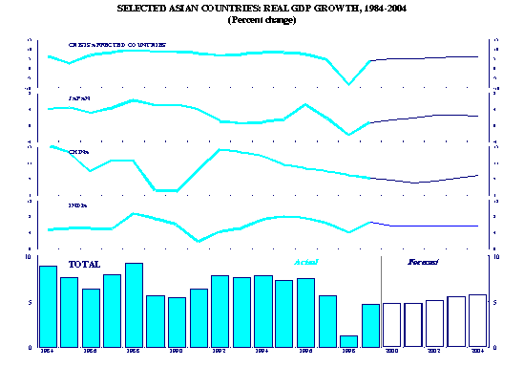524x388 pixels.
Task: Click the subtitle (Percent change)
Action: pos(262,20)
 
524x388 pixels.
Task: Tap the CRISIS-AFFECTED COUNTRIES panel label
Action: pos(116,45)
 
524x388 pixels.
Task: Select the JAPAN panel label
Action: pos(80,98)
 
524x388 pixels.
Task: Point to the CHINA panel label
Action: pos(79,151)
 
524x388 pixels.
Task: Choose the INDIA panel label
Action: pos(78,205)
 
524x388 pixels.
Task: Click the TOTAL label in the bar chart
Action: pos(85,263)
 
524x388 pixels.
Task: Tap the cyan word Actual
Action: pos(305,261)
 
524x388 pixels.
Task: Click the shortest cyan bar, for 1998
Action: pos(348,341)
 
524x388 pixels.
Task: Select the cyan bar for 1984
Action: pos(48,306)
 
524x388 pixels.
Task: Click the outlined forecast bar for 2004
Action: pos(477,320)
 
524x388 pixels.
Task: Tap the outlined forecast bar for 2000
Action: pos(391,325)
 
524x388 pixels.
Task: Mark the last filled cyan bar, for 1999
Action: pos(370,325)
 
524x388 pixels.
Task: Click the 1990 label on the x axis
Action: pos(177,352)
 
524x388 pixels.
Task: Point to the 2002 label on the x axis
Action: pos(434,352)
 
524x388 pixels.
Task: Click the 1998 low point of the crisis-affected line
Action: pos(349,84)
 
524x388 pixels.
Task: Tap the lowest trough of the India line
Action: pos(199,241)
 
